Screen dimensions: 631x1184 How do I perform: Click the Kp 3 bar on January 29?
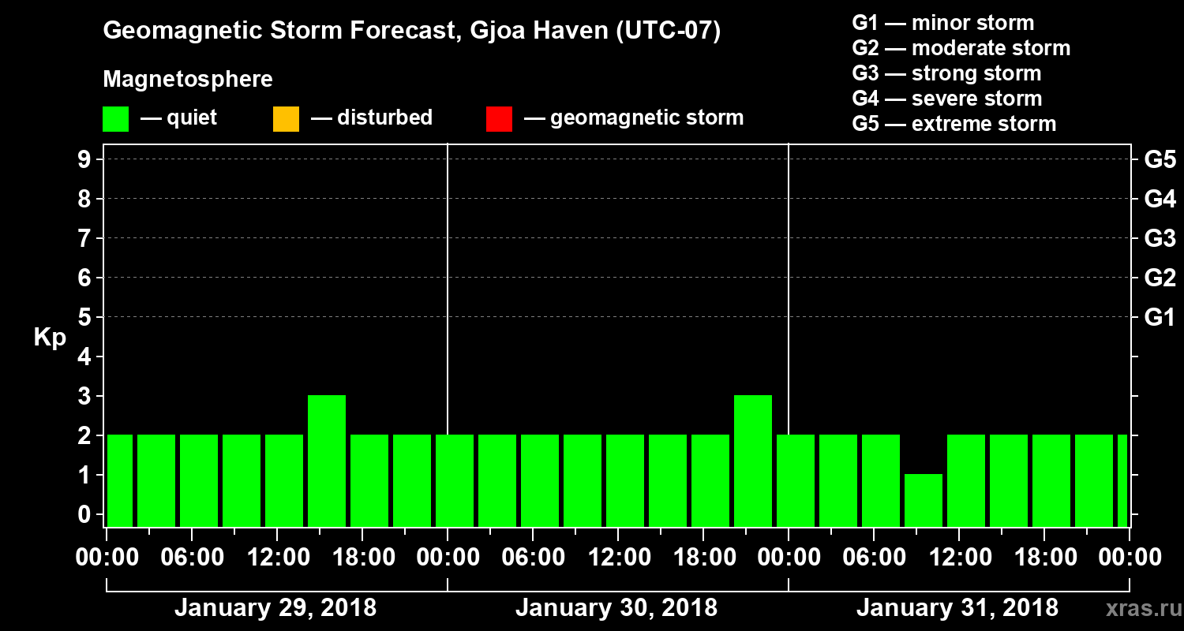tap(327, 461)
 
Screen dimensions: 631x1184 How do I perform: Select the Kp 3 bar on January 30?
tap(753, 461)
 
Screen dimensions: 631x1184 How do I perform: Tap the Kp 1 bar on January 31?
tap(924, 500)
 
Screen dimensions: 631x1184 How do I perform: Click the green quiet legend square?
tap(115, 119)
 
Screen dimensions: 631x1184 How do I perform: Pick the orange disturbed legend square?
tap(286, 119)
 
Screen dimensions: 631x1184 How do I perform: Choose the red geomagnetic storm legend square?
tap(499, 119)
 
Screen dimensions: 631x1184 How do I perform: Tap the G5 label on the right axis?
tap(1160, 160)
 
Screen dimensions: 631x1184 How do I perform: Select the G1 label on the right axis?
tap(1160, 318)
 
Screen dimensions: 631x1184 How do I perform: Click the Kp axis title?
tap(50, 338)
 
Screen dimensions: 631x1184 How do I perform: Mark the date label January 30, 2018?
tap(616, 608)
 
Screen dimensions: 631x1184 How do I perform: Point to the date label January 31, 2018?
tap(957, 608)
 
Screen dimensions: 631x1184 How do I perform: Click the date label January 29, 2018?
tap(275, 608)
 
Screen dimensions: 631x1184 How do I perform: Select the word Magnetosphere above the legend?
tap(188, 80)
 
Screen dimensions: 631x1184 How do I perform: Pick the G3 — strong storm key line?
tap(946, 73)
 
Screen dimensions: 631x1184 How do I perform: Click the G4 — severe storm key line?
tap(947, 99)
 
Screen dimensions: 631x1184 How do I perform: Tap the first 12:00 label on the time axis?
tap(278, 558)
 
